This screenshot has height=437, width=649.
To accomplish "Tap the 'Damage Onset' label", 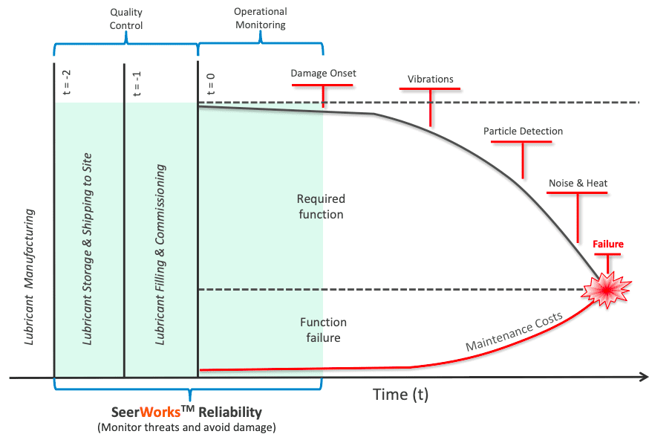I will tap(323, 74).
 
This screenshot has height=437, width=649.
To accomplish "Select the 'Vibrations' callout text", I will tap(430, 79).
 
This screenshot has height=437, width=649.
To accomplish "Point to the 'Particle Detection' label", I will tap(523, 132).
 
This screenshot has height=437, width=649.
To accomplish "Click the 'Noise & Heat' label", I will tap(578, 183).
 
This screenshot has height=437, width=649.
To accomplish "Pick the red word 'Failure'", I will tap(607, 244).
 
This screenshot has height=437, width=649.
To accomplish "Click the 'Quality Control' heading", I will tap(125, 19).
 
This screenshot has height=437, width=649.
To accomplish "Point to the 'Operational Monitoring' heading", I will tap(260, 19).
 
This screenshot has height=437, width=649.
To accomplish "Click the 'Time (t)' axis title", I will tap(400, 393).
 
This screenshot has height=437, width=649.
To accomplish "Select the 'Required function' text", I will tap(320, 207).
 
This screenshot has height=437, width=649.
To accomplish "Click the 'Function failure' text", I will tap(323, 330).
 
